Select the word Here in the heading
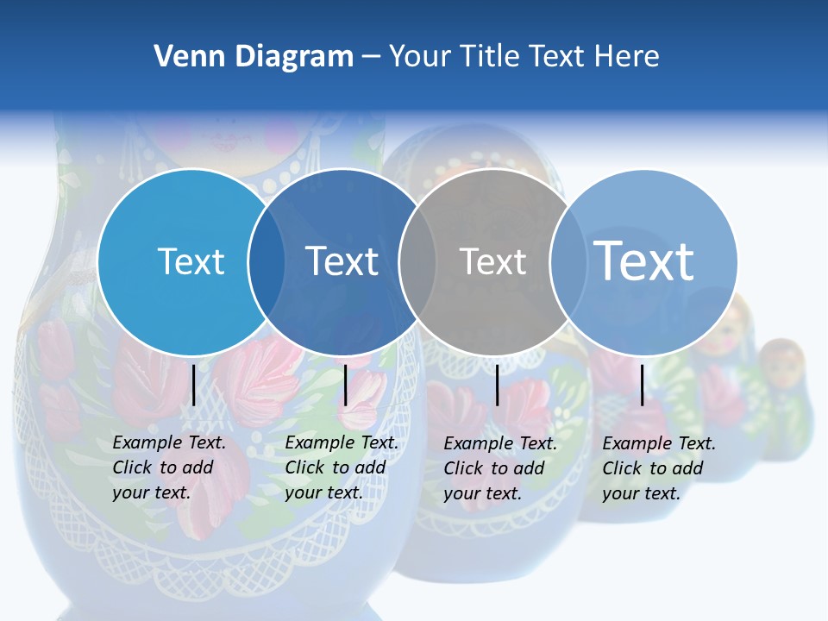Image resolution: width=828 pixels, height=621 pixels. point(627,57)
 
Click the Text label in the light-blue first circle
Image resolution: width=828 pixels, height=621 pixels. point(191,261)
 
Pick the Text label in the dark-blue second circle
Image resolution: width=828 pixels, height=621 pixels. point(342,261)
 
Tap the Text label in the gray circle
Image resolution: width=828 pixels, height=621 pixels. point(492,262)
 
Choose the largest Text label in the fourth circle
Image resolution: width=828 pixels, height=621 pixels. point(643,260)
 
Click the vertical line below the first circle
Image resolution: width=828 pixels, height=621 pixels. point(194,385)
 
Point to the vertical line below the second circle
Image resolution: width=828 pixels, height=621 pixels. point(345,385)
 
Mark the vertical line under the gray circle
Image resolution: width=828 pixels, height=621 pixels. point(498,385)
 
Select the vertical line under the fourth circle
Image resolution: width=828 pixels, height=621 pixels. point(642,385)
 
